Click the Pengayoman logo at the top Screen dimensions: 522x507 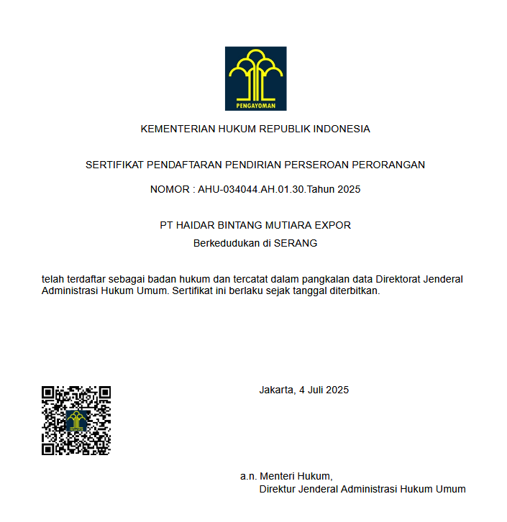coord(255,78)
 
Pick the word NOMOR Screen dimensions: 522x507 coord(170,190)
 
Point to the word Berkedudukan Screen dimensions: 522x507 coord(226,243)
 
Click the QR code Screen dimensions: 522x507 coord(76,421)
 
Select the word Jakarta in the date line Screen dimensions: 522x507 coord(276,390)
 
